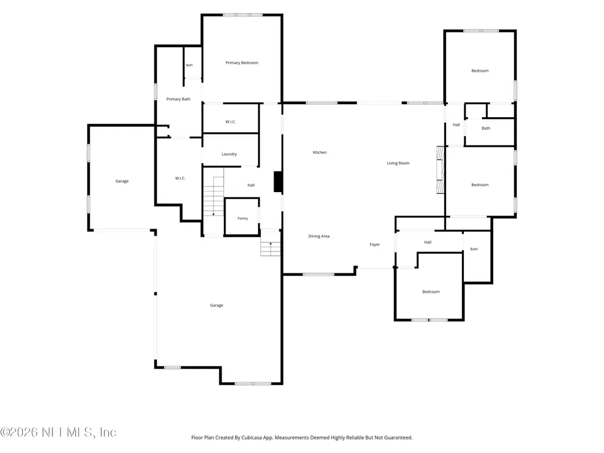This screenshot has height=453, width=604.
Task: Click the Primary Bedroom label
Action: coord(242,63)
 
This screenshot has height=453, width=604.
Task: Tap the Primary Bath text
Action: coord(179,100)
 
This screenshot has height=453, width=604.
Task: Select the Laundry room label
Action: coord(229,154)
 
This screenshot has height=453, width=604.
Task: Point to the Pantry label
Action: coord(243,219)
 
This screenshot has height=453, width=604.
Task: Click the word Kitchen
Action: coord(320,153)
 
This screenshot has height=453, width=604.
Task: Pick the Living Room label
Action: coord(398,163)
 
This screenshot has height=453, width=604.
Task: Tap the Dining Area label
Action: coord(319,237)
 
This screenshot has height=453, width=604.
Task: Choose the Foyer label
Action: coord(375,244)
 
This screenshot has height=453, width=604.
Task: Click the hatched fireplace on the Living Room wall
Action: coord(441,170)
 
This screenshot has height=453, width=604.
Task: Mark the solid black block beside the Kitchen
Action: coord(278,182)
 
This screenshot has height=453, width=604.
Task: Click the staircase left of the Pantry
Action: coord(213,196)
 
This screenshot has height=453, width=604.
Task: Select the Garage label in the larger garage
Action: coord(216,306)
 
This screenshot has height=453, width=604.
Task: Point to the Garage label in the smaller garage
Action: coord(122,181)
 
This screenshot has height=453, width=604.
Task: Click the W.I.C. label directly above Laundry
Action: coord(231,122)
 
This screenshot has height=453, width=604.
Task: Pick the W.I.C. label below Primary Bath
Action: coord(180,178)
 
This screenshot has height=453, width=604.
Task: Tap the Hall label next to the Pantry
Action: coord(251,186)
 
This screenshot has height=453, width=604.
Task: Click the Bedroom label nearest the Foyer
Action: coord(431,292)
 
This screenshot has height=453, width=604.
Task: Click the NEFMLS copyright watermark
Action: coord(58,432)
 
